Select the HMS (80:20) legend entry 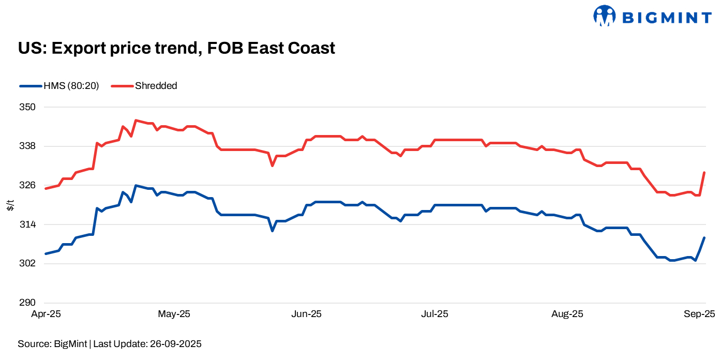coord(59,86)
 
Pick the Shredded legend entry coord(144,86)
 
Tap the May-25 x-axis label coord(174,314)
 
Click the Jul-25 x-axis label coord(434,314)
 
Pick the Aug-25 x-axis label coord(567,314)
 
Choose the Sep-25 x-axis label coord(699,314)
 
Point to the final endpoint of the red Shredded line coord(704,173)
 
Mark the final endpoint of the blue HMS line coord(704,237)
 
